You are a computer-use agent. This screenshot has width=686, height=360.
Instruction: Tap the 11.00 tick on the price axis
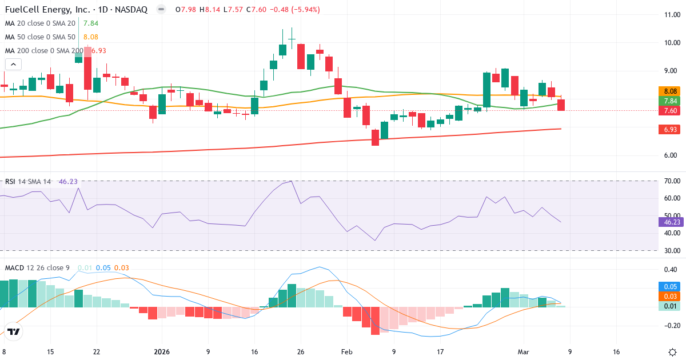tap(669, 15)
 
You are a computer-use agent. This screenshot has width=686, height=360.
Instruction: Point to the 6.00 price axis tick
tap(669, 155)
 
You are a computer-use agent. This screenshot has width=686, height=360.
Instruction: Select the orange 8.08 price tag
tap(668, 91)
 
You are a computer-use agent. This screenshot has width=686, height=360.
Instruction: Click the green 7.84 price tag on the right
tap(668, 101)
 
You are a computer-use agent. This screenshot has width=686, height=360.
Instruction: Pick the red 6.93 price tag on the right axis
tap(668, 130)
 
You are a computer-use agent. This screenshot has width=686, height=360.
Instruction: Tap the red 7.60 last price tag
tap(668, 110)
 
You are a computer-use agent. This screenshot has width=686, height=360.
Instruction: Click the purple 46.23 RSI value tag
tap(669, 222)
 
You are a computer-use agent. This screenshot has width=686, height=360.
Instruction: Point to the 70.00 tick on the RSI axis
tap(669, 181)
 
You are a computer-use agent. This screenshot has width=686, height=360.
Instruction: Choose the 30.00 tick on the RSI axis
tap(669, 250)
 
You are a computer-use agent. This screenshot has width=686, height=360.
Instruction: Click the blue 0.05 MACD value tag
tap(668, 286)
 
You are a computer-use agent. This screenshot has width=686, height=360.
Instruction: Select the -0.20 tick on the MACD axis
tap(668, 326)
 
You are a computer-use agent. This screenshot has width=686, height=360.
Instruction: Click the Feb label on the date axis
tap(347, 352)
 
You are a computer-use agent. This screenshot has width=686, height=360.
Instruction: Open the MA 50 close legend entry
tap(40, 37)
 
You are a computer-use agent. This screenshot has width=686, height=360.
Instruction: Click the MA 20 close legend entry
tap(40, 23)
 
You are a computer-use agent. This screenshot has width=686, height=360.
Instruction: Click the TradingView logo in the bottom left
tap(14, 331)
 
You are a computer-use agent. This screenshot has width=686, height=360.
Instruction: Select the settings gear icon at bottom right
tap(672, 351)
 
